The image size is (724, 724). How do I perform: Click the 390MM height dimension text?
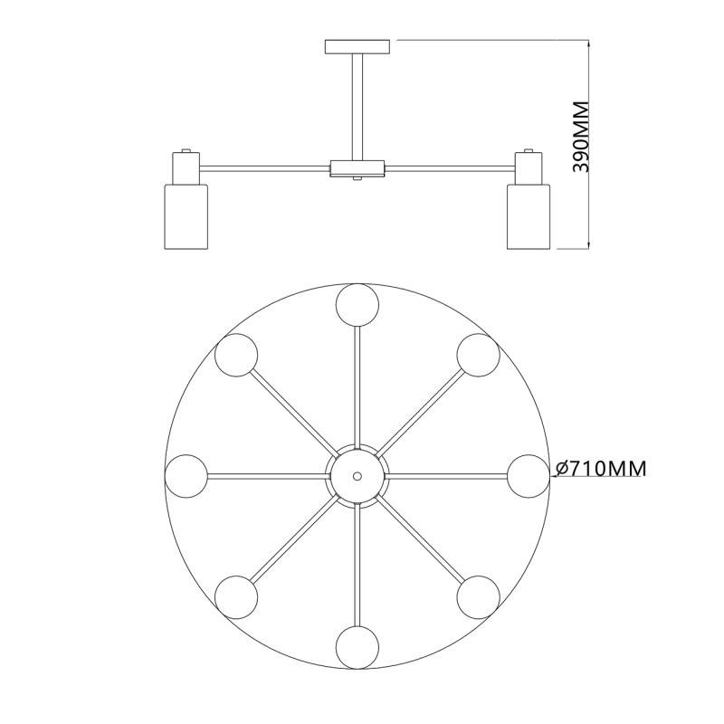pos(580,137)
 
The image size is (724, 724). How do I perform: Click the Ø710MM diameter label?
pos(601,469)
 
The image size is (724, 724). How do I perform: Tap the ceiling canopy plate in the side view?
pos(357,47)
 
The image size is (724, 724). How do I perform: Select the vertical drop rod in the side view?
pos(357,107)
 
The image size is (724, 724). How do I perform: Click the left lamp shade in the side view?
pos(186,217)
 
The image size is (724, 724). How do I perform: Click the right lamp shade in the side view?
pos(529,217)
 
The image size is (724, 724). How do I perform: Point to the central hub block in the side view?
pos(357,168)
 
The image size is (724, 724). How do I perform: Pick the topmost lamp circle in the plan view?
pos(357,305)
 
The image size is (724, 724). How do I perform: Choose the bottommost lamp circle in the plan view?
pos(357,647)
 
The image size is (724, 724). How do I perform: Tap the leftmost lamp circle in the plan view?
pos(186,476)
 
